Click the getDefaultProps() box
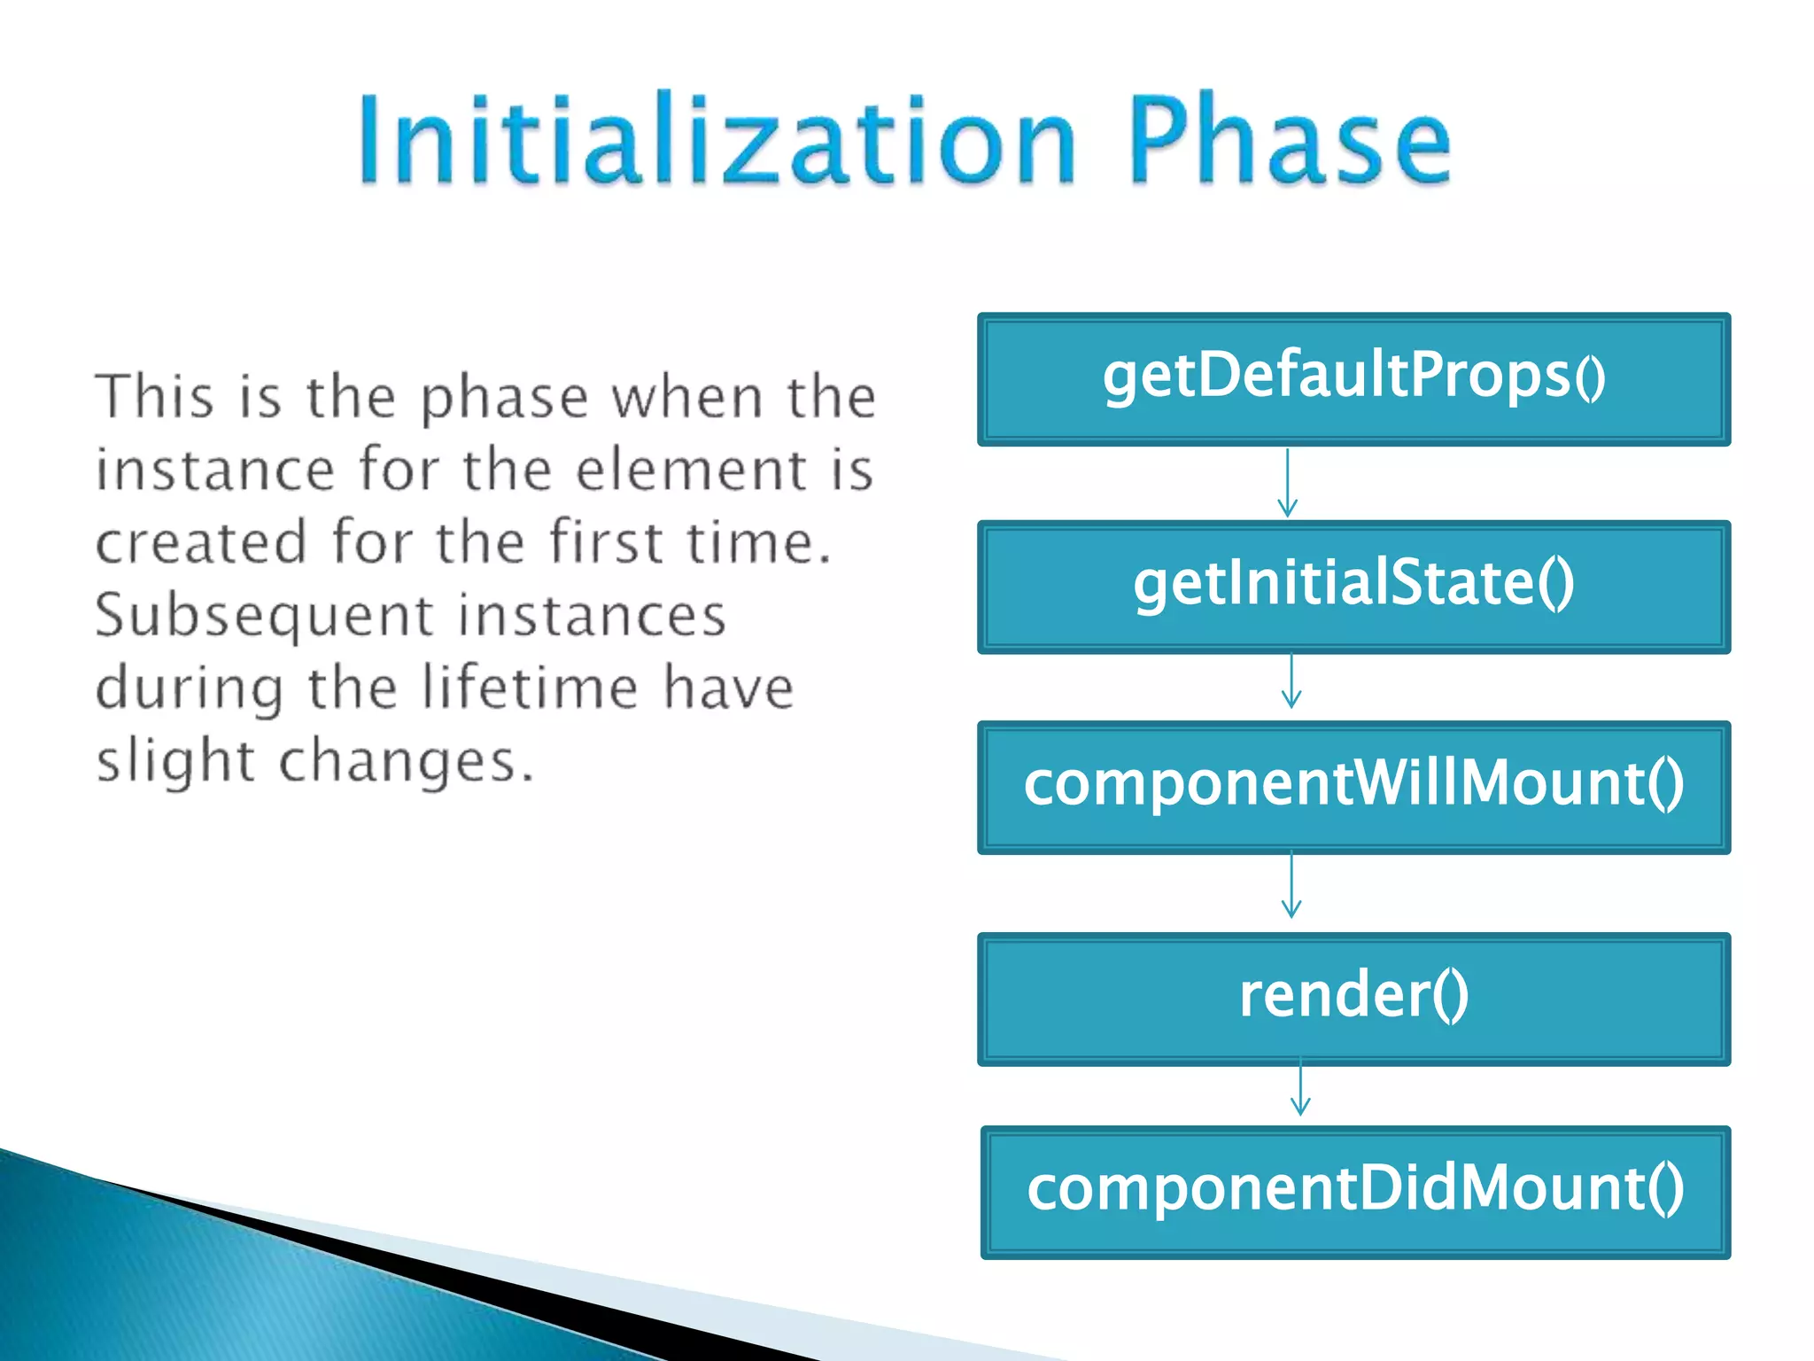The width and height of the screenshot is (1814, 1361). pyautogui.click(x=1353, y=379)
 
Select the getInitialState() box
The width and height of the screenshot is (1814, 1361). pyautogui.click(x=1353, y=587)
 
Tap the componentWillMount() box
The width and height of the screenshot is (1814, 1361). pyautogui.click(x=1353, y=787)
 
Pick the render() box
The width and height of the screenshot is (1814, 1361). pyautogui.click(x=1353, y=998)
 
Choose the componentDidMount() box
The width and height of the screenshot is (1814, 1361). pyautogui.click(x=1355, y=1192)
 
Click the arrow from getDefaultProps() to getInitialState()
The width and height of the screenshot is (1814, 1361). pyautogui.click(x=1288, y=483)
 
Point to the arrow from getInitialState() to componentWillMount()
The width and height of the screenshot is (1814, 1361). pyautogui.click(x=1291, y=680)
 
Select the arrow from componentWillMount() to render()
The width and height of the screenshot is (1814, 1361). pyautogui.click(x=1291, y=884)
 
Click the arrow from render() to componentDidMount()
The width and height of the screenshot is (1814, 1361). pyautogui.click(x=1300, y=1088)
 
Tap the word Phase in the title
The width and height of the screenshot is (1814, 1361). pyautogui.click(x=1290, y=142)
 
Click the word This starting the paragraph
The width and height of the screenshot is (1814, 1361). pyautogui.click(x=155, y=396)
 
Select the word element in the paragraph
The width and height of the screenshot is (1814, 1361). pyautogui.click(x=692, y=469)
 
